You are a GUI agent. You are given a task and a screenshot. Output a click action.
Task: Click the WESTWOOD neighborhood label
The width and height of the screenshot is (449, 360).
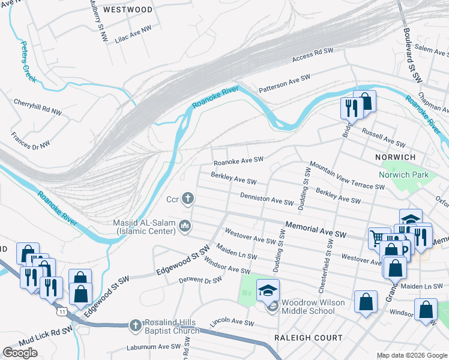127,10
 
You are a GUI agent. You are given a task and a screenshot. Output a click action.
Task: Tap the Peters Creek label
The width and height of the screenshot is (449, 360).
28,62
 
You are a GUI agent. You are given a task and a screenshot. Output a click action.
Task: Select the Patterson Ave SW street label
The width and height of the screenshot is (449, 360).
284,83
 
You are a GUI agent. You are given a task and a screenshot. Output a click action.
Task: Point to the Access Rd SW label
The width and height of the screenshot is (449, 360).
312,56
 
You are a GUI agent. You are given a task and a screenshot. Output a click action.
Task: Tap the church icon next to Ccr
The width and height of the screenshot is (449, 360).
188,198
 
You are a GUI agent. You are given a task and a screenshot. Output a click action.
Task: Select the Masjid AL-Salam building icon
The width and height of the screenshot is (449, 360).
185,226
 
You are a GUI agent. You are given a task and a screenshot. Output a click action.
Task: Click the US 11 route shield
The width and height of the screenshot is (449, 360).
61,311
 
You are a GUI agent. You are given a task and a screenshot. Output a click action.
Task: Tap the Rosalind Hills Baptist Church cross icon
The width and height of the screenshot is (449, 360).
136,325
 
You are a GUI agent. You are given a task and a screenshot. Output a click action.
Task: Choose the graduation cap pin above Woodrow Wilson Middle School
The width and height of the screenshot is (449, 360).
268,290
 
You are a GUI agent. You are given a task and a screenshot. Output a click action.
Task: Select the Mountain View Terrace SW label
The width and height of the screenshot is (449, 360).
346,176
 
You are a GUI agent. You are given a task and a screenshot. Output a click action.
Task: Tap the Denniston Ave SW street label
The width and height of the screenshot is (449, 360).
267,199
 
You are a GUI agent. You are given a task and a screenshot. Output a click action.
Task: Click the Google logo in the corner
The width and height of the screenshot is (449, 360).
20,353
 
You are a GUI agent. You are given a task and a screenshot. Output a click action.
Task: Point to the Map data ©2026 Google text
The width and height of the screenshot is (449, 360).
412,355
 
